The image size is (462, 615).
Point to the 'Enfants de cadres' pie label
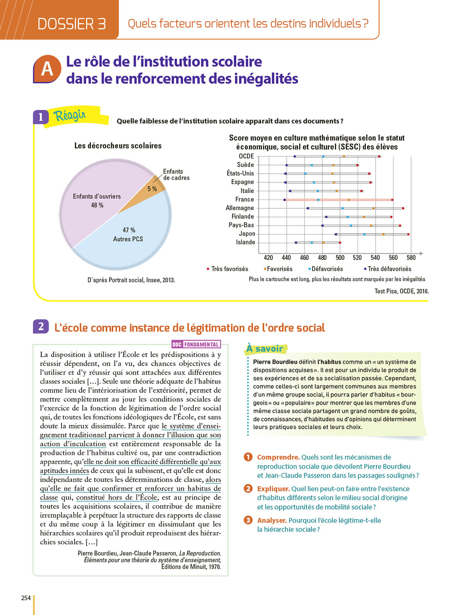coord(176,175)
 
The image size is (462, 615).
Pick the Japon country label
coord(247,234)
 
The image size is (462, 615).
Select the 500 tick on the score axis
coord(340,257)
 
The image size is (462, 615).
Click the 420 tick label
coord(268,257)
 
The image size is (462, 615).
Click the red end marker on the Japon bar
coord(408,234)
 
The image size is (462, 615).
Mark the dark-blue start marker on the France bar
coord(284,200)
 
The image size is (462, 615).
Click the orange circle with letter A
coord(47,69)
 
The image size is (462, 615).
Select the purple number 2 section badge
coord(41,326)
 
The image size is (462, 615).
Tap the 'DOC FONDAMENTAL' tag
coord(196,344)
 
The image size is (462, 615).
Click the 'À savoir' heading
coord(265,349)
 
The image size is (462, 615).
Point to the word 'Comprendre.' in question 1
coord(278,457)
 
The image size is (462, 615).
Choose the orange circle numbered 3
coord(248,520)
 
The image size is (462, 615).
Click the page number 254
coord(26,598)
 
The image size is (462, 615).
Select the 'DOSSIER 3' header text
coord(71,24)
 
